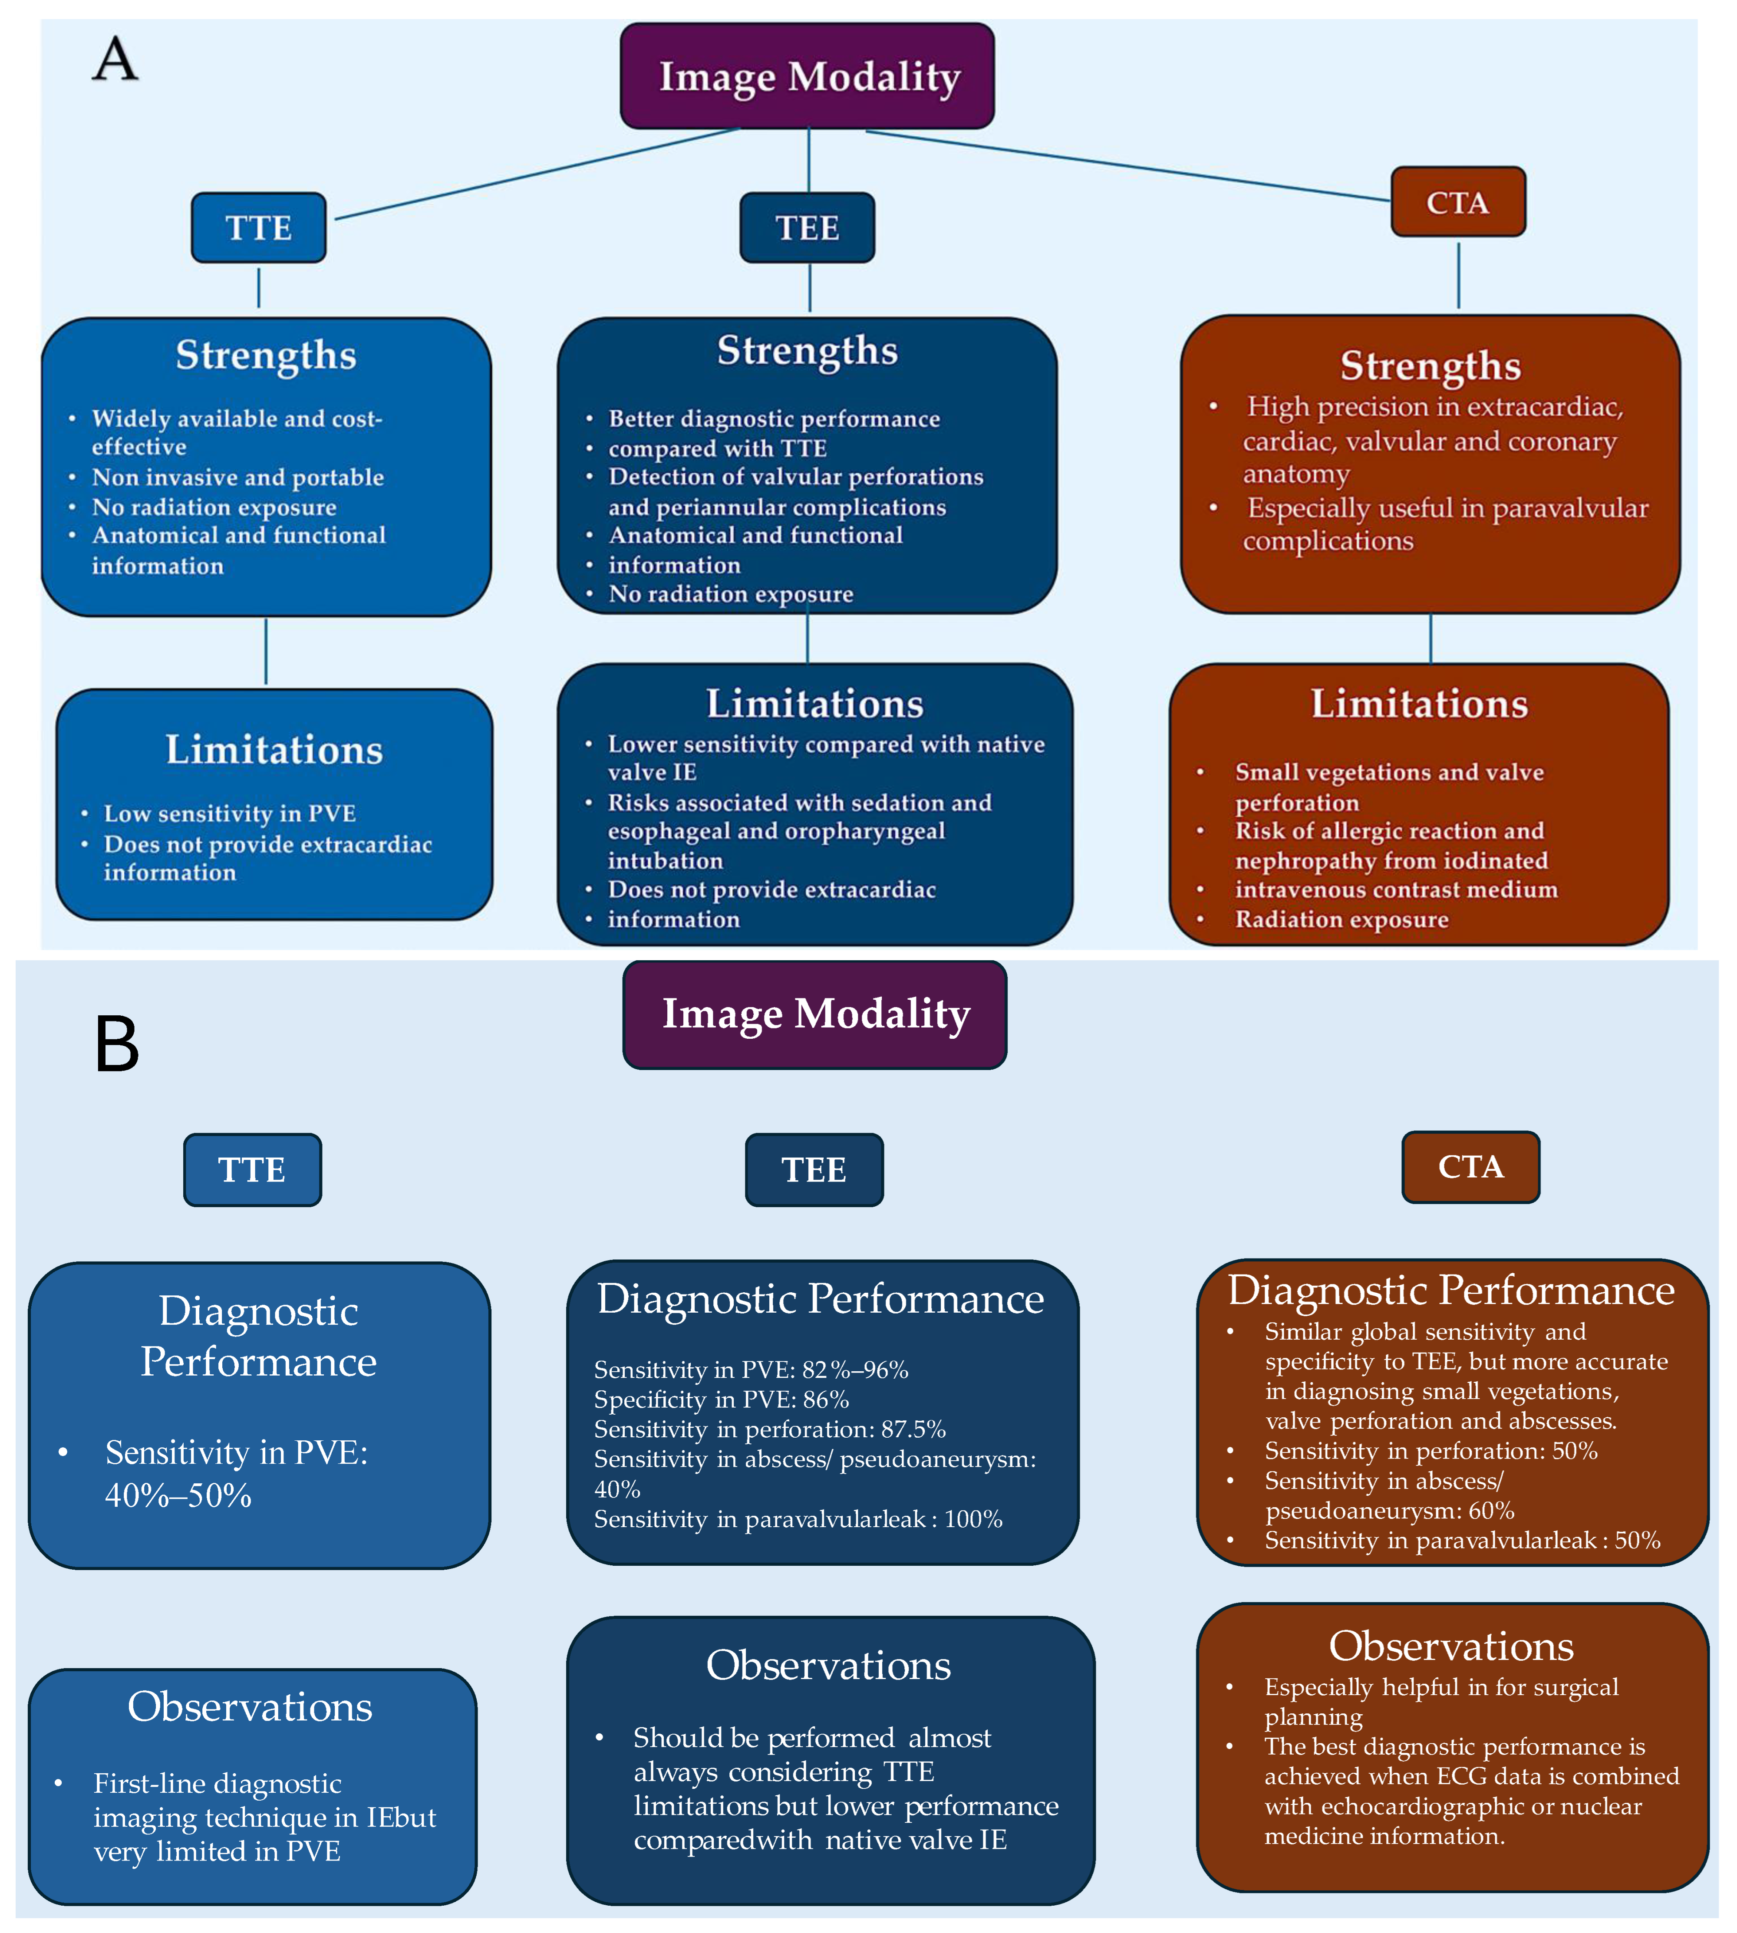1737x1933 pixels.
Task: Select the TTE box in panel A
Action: [x=259, y=227]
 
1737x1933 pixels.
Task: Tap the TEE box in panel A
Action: [x=808, y=227]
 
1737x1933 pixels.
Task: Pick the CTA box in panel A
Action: [x=1457, y=202]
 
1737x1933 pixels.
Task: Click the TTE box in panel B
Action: [x=252, y=1170]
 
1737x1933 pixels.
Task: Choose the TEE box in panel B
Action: [x=814, y=1170]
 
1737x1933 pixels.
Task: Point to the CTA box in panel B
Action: [x=1471, y=1167]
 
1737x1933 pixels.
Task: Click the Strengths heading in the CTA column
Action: [x=1430, y=366]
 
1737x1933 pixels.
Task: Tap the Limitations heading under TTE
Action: [x=274, y=750]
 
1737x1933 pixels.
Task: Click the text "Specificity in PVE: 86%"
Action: [x=722, y=1400]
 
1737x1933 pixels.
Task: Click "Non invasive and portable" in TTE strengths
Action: [x=237, y=477]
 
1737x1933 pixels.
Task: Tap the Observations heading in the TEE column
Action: [x=828, y=1665]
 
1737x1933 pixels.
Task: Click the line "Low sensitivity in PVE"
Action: [x=230, y=814]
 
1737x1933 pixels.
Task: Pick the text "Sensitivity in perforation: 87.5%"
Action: [x=769, y=1429]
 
